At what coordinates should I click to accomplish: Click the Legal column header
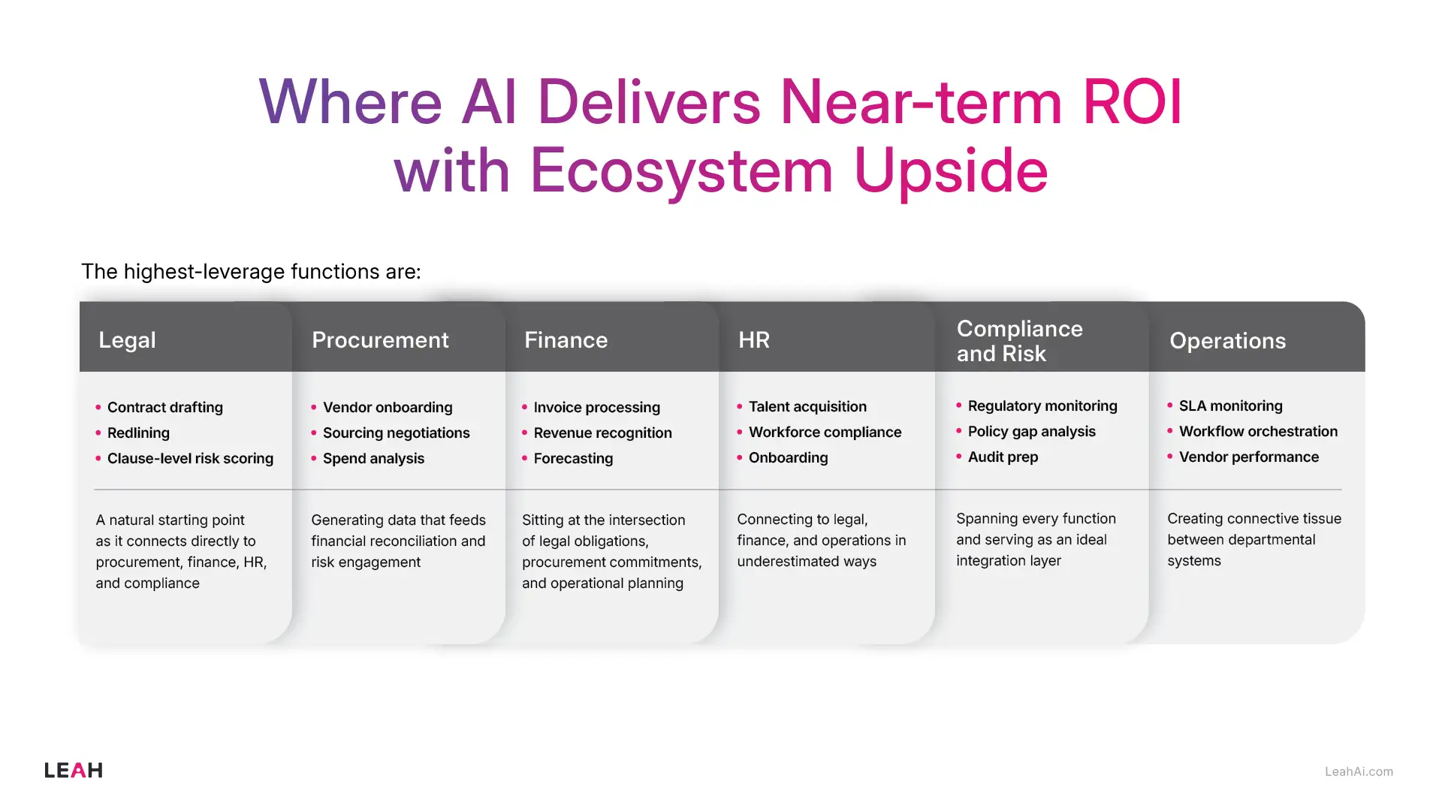(x=128, y=340)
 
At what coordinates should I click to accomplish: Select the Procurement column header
(x=380, y=340)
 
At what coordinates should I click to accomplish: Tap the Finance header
(x=566, y=340)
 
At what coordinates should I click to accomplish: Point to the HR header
(x=753, y=340)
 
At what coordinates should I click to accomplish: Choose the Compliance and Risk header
(x=1019, y=341)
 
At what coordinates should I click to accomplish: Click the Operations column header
(x=1227, y=341)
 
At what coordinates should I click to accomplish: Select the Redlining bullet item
(x=138, y=433)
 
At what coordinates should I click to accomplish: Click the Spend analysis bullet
(x=373, y=459)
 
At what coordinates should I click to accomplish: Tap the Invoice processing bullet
(x=596, y=408)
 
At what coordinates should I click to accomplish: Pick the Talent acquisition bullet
(x=807, y=407)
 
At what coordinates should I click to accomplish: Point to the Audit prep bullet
(x=1003, y=457)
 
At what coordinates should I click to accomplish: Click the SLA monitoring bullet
(x=1230, y=406)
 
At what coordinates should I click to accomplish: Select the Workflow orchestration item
(x=1258, y=432)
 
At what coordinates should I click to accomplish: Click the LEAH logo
(x=73, y=770)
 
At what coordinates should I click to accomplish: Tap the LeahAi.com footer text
(x=1359, y=772)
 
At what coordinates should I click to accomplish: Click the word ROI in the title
(x=1132, y=102)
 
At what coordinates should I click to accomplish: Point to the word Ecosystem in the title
(x=681, y=171)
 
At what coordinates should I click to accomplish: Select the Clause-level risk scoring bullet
(x=190, y=459)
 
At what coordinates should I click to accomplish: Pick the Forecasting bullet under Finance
(x=573, y=459)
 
